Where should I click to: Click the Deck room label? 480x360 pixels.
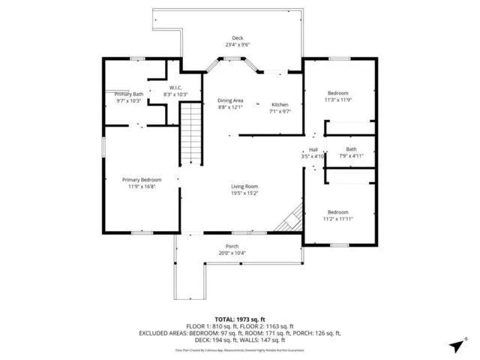pyautogui.click(x=238, y=37)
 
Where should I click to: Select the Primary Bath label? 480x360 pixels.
pyautogui.click(x=128, y=94)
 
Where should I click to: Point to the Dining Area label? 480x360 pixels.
pyautogui.click(x=230, y=100)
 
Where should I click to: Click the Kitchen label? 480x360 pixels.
pyautogui.click(x=279, y=104)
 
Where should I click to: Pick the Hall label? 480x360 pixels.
pyautogui.click(x=313, y=149)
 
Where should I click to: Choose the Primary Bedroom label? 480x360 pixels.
pyautogui.click(x=142, y=179)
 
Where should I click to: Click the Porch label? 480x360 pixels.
pyautogui.click(x=232, y=246)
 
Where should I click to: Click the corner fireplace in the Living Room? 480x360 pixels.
pyautogui.click(x=290, y=219)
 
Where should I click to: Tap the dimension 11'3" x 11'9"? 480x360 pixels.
pyautogui.click(x=337, y=100)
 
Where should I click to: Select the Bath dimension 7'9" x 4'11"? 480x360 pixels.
pyautogui.click(x=351, y=156)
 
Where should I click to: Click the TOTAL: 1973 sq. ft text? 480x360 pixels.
pyautogui.click(x=240, y=319)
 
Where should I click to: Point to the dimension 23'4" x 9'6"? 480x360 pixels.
pyautogui.click(x=238, y=44)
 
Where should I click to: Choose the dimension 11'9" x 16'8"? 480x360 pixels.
pyautogui.click(x=142, y=186)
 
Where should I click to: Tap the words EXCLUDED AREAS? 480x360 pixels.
pyautogui.click(x=163, y=332)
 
